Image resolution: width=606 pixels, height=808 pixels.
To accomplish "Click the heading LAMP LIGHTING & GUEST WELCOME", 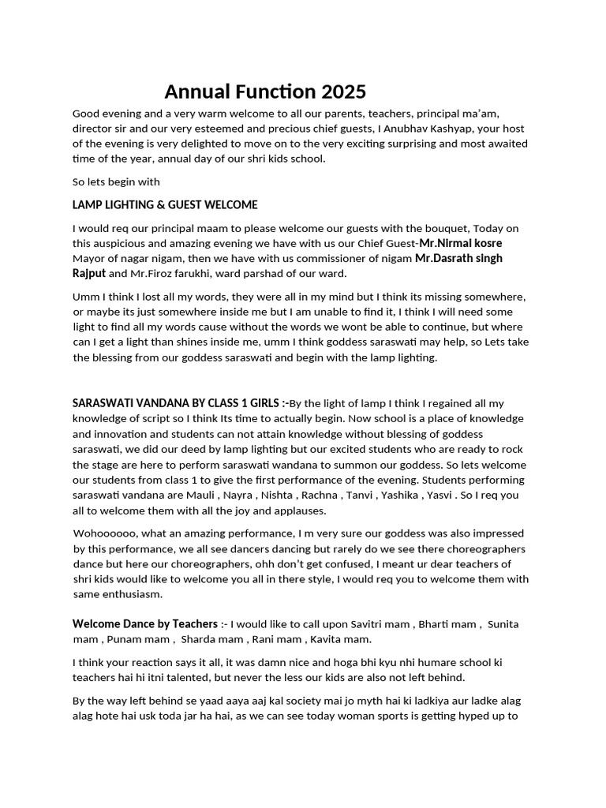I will click(165, 205).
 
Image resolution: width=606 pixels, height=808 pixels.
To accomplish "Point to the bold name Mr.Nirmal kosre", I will click(461, 243).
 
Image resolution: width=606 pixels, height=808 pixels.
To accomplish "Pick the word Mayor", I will click(90, 258).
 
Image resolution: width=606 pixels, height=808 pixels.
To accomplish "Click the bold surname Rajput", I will click(89, 273).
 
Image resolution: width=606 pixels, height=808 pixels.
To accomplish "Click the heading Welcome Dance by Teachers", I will click(145, 624).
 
